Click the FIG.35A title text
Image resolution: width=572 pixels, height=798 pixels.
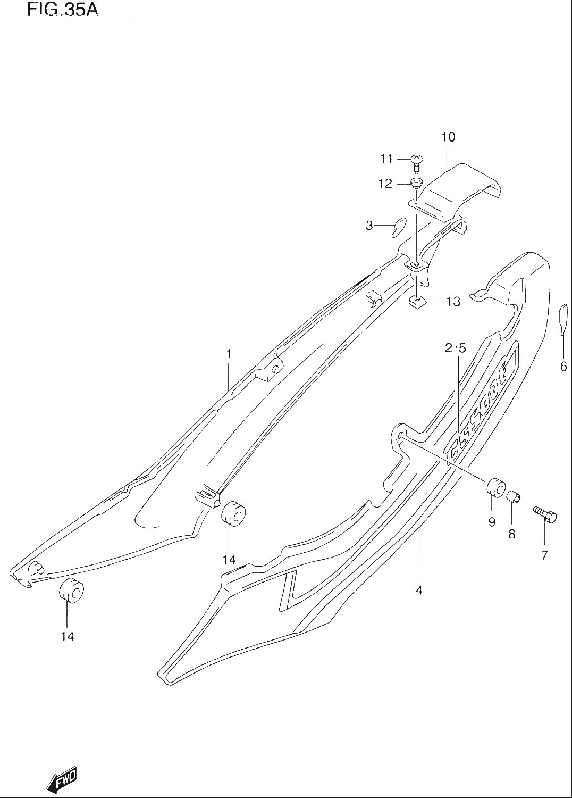point(63,10)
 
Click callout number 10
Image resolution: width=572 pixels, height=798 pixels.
point(449,137)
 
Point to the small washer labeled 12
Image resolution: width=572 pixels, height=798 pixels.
point(416,183)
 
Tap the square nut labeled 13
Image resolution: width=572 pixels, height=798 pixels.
point(417,303)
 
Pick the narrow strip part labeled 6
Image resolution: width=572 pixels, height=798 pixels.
point(563,319)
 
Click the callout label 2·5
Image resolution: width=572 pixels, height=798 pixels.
point(455,348)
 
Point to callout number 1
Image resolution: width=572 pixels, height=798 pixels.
point(229,354)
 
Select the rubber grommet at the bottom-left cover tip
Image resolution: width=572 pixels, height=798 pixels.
point(72,592)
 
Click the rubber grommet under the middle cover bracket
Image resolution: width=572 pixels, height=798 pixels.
point(234,513)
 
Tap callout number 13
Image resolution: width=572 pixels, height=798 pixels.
point(453,302)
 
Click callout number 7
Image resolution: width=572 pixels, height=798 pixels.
point(544,555)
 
